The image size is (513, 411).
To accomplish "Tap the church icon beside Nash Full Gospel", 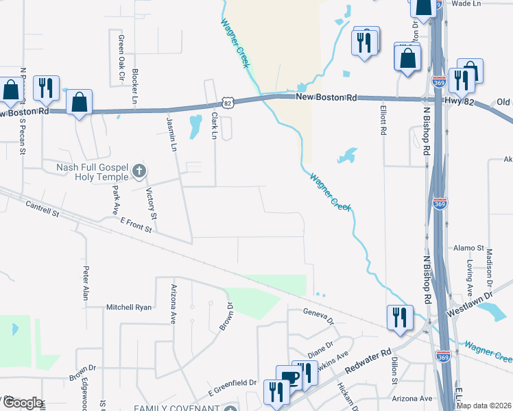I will point(139,170).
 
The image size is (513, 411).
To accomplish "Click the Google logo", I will point(22,403).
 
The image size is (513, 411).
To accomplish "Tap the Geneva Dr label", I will point(319,316).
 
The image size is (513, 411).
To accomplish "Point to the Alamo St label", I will point(470,248).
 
